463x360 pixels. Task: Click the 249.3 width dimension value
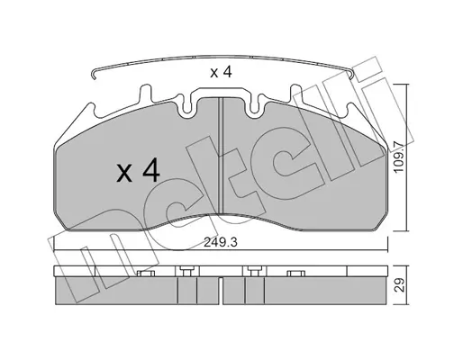[x=221, y=242]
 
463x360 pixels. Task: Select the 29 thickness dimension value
[x=399, y=285]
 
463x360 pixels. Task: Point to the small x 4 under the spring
[x=221, y=73]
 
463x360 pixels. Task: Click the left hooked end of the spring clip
[x=94, y=75]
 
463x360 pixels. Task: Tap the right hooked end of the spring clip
[x=351, y=75]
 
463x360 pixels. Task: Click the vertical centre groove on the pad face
[x=221, y=156]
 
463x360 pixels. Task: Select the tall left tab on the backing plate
[x=146, y=94]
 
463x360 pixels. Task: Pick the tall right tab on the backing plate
[x=295, y=94]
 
